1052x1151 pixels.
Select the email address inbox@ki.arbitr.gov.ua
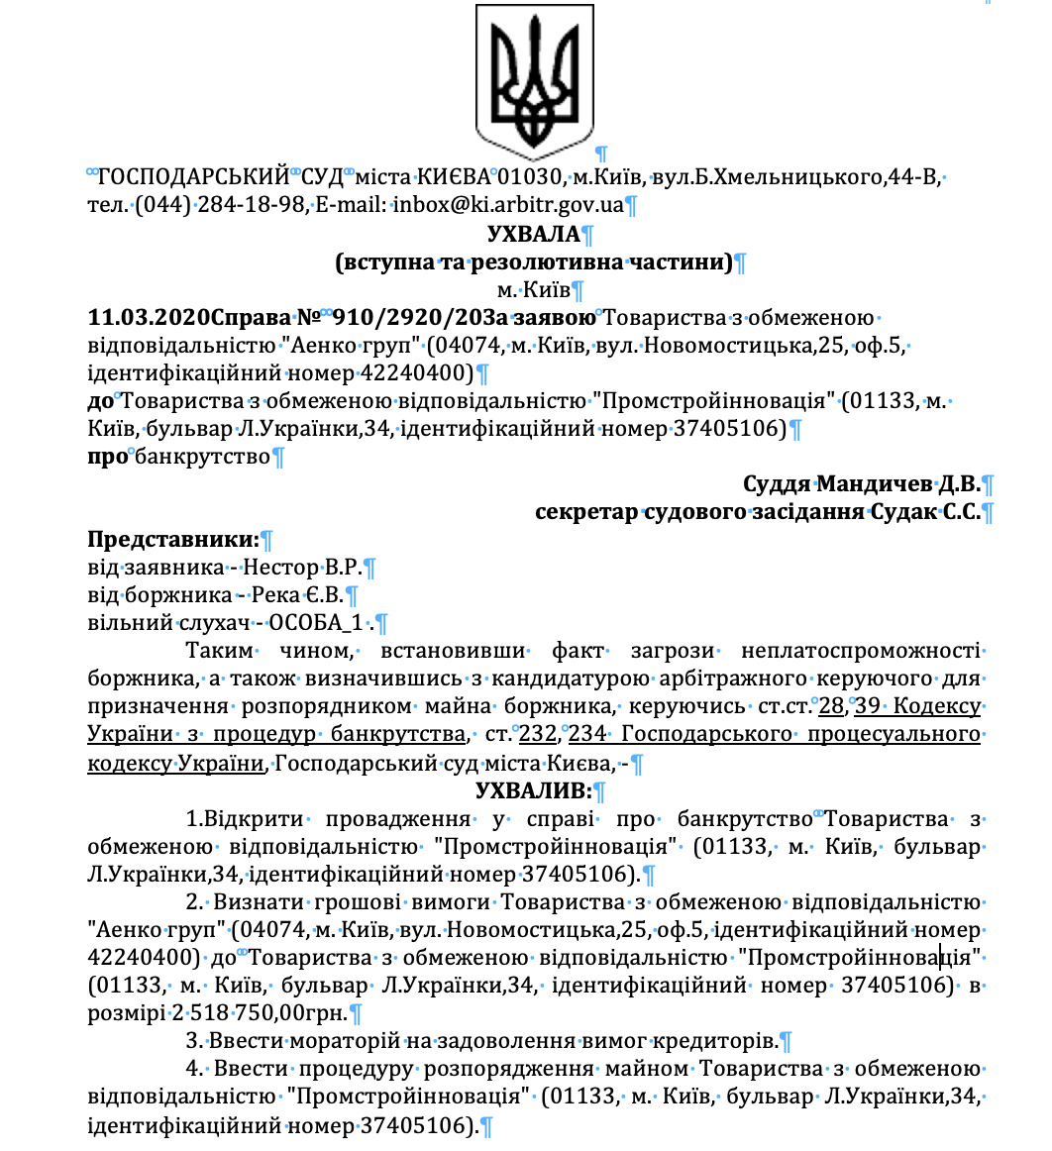pyautogui.click(x=508, y=206)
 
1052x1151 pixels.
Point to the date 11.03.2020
pyautogui.click(x=149, y=318)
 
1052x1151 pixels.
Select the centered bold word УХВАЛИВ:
pyautogui.click(x=533, y=790)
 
